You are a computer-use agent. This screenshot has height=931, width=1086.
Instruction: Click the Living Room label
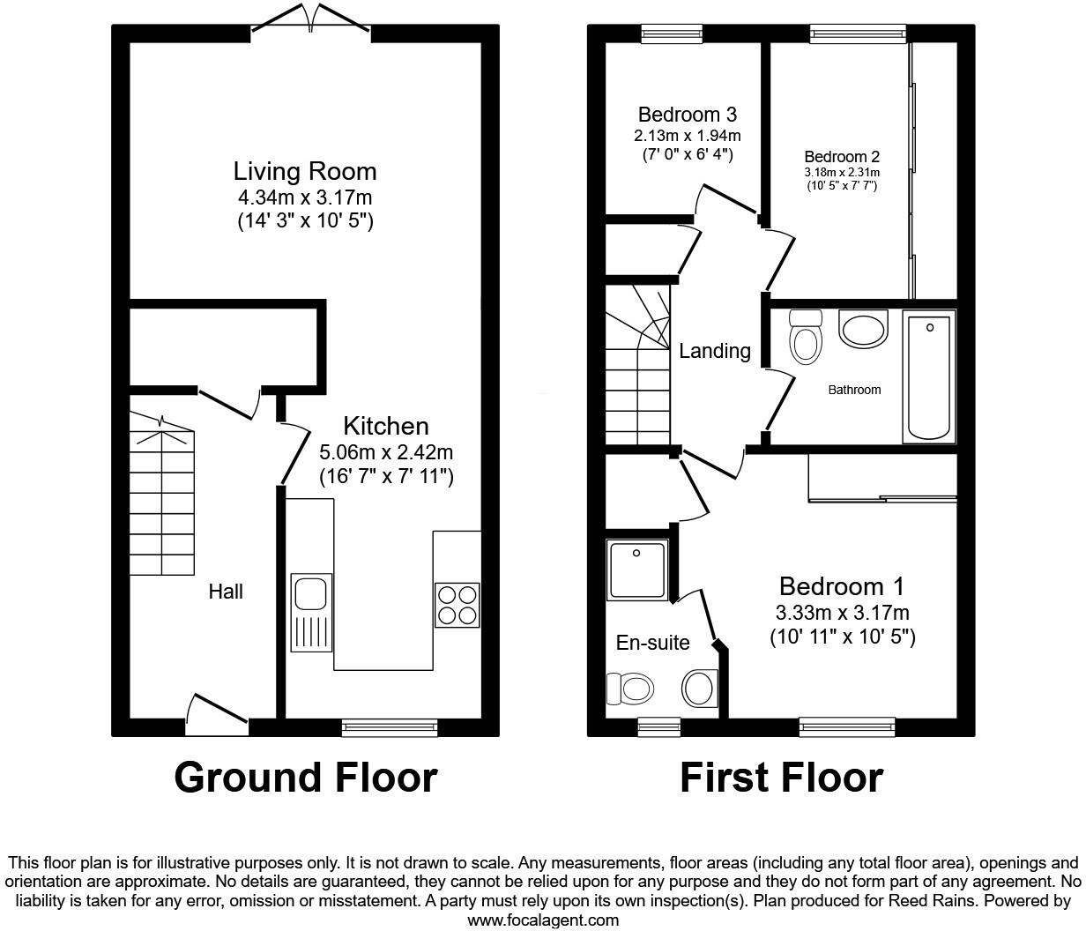(x=305, y=171)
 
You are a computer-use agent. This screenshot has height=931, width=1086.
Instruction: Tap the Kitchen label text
(x=385, y=427)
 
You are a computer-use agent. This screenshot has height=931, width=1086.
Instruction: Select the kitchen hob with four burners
(x=457, y=604)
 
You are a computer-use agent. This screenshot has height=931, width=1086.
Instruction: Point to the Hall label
(x=226, y=592)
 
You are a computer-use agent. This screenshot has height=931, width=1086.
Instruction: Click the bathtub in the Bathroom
(x=929, y=376)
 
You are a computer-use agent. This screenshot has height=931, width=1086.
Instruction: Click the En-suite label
(x=652, y=643)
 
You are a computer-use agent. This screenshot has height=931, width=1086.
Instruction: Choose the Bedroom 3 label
(x=688, y=115)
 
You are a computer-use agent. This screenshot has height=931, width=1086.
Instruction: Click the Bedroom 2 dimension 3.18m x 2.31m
(x=842, y=173)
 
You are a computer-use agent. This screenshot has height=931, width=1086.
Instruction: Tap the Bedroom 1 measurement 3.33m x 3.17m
(x=842, y=613)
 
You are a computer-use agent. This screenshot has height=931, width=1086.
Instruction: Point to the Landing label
(x=715, y=351)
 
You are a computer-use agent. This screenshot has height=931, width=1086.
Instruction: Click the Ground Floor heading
(x=305, y=777)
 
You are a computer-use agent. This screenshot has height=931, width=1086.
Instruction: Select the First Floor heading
(x=781, y=777)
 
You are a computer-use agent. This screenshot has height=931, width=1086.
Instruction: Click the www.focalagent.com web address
(x=543, y=920)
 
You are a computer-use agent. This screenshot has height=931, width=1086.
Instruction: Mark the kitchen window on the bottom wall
(x=390, y=726)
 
